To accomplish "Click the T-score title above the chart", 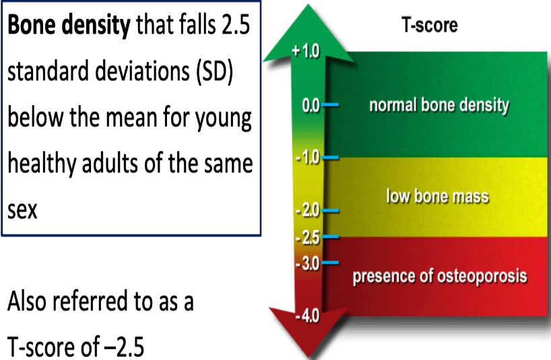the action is coord(429,26).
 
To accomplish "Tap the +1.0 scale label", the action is coord(305,51).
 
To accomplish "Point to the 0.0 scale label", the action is coord(311,105).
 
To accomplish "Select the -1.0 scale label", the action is coord(307,157).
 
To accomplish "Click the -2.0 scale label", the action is coord(307,210).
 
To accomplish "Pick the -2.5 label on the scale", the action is coord(307,238).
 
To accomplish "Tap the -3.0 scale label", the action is coord(307,264).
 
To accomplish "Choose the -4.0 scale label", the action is coord(307,316).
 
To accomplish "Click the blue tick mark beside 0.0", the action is coord(330,104).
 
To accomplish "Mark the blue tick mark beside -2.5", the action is coord(330,237).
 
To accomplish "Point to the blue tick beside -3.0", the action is coord(330,263).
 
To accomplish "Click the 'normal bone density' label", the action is coord(439,105).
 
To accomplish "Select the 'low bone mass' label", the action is coord(437,196).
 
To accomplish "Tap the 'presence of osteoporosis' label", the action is coord(440,276).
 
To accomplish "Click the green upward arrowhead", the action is coord(309,34).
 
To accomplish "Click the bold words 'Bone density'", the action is coord(69,26).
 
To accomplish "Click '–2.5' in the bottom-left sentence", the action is coord(125,347).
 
